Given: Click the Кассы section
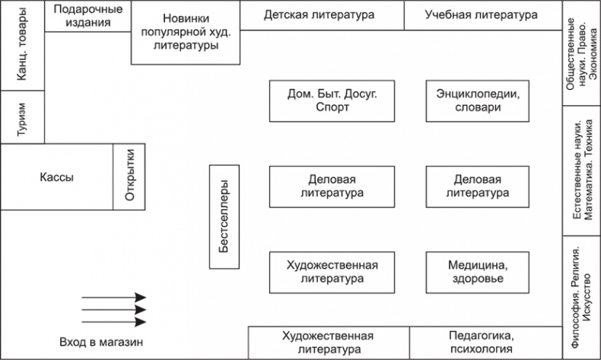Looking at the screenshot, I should [56, 177].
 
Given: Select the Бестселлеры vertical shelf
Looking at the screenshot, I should [224, 217].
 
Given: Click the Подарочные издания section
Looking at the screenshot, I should [87, 16].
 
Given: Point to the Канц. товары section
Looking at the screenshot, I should [22, 46].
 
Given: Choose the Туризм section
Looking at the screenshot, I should [22, 116].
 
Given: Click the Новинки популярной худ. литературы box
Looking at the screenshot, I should [186, 31].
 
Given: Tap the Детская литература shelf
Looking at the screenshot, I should [320, 14].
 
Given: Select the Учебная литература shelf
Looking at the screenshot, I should [481, 14].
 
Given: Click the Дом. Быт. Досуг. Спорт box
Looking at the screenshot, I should [332, 100].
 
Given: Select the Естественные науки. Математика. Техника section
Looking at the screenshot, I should [581, 170].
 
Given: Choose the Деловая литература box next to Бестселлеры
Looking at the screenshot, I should [332, 186].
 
